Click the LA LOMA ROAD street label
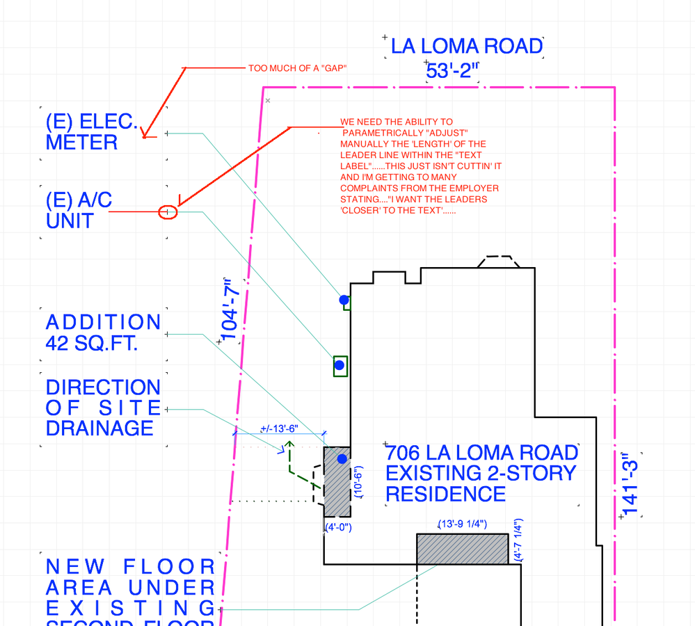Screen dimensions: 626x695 466,47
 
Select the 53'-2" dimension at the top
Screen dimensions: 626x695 453,70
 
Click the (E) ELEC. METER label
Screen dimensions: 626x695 92,132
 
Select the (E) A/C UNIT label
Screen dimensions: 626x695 79,210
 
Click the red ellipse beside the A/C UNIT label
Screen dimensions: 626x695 168,211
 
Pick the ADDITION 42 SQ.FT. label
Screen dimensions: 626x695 103,332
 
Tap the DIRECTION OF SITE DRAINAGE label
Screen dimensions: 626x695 103,408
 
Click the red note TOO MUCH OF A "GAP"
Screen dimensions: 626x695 297,68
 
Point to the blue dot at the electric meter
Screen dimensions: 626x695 344,300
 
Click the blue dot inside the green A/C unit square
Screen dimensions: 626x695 339,365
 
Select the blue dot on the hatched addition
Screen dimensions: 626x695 342,459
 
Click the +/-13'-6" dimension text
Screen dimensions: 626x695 278,428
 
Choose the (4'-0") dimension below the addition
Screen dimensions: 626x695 338,527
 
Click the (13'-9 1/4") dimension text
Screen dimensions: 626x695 462,524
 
